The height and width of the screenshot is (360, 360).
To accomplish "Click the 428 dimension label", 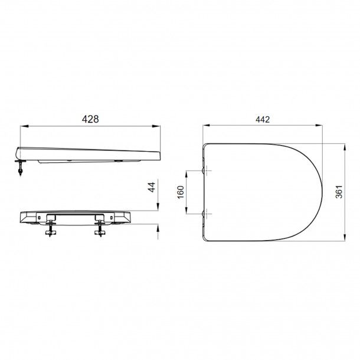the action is click(x=90, y=119).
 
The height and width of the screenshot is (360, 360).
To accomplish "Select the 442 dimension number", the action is click(x=263, y=119).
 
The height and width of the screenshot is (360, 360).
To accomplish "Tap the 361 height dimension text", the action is click(x=339, y=192).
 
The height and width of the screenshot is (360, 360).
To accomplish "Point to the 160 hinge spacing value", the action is click(x=181, y=192).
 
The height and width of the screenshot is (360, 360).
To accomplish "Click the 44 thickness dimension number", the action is click(x=152, y=187).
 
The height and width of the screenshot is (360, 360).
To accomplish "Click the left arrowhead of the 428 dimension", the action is click(x=24, y=126).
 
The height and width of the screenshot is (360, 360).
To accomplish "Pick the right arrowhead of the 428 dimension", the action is click(x=156, y=126).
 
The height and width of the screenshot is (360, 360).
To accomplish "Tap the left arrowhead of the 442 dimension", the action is click(x=207, y=125).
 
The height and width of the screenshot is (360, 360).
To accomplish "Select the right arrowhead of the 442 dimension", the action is click(x=319, y=125).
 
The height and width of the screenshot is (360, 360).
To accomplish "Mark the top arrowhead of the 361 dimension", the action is click(x=345, y=148).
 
